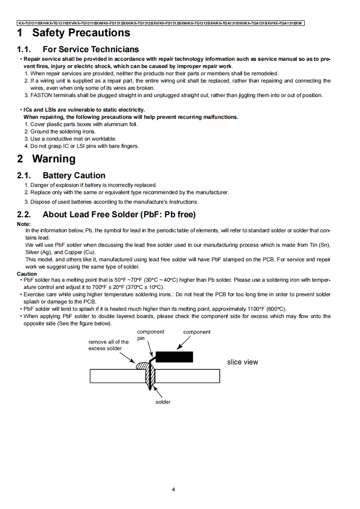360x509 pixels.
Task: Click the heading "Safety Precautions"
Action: tap(81, 33)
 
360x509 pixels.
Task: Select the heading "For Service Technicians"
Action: tap(90, 49)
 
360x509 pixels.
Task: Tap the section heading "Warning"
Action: tap(54, 159)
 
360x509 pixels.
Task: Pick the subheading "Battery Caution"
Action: tap(74, 176)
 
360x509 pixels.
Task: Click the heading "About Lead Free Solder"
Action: tap(119, 214)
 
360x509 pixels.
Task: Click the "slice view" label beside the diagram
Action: tap(242, 362)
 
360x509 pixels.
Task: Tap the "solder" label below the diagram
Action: tap(163, 402)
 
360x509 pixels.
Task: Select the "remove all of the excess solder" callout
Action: tap(108, 345)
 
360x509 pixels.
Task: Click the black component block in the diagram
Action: tap(174, 357)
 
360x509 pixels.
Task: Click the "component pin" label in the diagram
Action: tap(150, 335)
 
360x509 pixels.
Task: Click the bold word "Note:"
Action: tap(24, 224)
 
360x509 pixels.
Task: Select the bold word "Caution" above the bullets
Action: tap(27, 274)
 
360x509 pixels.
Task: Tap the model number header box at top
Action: tap(160, 23)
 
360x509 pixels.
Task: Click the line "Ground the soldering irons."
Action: tap(63, 132)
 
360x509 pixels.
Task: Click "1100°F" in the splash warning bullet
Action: tap(257, 309)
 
